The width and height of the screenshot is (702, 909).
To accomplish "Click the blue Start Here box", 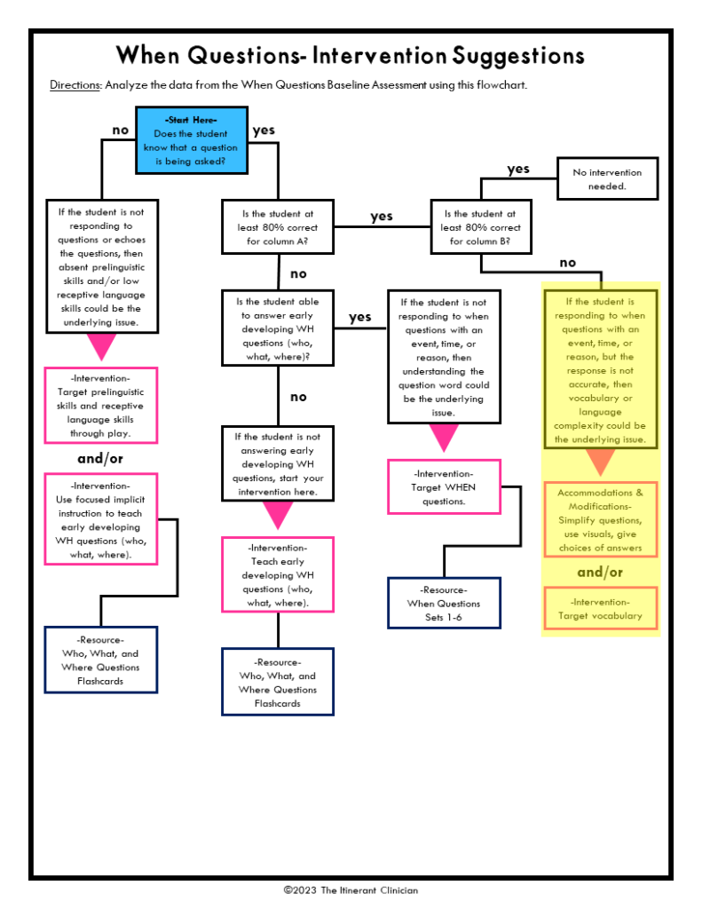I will tap(192, 139).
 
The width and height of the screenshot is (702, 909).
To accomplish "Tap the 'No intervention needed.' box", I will tap(607, 178).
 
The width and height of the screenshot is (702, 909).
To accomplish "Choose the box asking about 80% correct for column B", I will tap(481, 226).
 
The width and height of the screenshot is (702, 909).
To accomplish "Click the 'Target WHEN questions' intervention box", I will tap(444, 486).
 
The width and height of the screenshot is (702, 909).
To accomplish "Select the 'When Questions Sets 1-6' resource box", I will tap(444, 603).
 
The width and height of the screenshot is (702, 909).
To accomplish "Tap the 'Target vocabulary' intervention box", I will tap(600, 609).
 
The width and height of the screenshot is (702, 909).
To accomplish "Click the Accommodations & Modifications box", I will tap(600, 519).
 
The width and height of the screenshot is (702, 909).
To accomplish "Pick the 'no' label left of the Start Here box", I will tap(121, 130).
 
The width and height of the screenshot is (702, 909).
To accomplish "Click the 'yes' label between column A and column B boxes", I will tap(382, 216).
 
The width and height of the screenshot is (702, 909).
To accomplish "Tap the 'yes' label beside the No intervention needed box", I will tap(517, 169).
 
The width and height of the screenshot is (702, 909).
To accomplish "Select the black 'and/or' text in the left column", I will tap(101, 459).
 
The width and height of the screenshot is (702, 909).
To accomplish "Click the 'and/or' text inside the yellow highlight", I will tap(600, 573).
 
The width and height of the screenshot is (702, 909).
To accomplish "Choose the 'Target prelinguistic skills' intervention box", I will tap(101, 405).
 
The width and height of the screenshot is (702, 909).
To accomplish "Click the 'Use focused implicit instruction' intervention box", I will tap(101, 519).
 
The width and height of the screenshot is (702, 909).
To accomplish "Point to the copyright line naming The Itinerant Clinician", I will tap(351, 889).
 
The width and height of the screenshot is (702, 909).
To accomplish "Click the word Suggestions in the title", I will tap(518, 55).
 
